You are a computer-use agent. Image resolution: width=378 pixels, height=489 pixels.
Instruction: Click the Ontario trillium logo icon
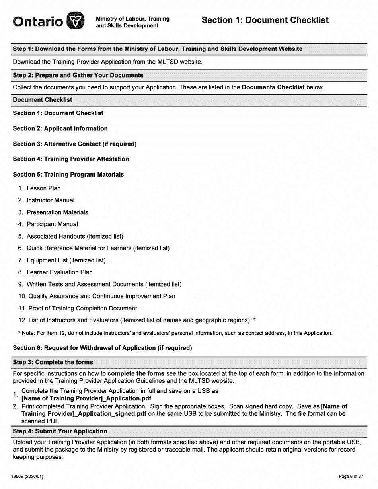(75, 21)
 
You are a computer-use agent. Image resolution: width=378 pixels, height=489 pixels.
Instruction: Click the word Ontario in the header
(38, 21)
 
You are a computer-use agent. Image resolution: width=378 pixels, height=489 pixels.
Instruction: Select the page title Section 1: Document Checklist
(265, 20)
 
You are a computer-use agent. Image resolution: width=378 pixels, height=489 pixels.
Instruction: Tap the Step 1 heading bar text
(158, 49)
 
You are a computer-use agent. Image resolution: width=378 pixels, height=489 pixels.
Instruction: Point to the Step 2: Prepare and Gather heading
(78, 75)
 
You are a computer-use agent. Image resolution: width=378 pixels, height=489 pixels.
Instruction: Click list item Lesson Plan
(43, 188)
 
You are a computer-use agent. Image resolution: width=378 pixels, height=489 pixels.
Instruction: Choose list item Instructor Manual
(50, 200)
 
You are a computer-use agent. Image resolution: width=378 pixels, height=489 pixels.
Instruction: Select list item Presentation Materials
(57, 212)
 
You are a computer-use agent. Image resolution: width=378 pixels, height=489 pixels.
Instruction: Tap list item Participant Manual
(52, 224)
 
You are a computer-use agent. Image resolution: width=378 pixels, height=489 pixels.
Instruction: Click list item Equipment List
(66, 260)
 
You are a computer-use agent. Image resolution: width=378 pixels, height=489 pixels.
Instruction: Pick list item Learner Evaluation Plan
(59, 272)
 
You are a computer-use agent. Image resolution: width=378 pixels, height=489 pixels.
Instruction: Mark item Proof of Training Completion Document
(82, 309)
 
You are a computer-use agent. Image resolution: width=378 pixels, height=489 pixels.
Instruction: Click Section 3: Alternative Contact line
(75, 144)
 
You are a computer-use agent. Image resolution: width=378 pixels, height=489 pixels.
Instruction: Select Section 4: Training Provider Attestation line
(71, 159)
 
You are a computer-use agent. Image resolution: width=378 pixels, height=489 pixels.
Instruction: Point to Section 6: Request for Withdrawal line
(102, 348)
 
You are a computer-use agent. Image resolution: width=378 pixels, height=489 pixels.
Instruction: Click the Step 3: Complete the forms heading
(53, 362)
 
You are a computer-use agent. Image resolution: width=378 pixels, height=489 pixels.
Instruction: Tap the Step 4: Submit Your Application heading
(60, 431)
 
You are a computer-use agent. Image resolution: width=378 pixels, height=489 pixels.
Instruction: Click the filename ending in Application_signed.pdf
(84, 414)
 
